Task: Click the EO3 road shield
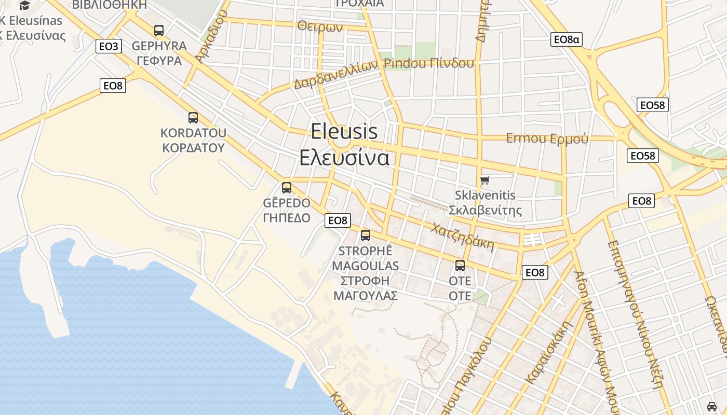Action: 109,46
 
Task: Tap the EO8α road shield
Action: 566,39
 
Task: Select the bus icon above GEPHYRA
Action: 159,31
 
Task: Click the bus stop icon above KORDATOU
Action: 193,118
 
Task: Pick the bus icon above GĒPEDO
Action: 287,188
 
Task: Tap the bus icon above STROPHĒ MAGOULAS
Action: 366,236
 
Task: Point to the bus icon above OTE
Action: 460,266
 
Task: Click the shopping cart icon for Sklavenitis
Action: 485,180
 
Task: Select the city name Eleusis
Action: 344,132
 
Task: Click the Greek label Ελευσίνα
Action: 344,157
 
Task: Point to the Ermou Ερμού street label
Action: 547,139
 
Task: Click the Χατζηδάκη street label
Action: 463,237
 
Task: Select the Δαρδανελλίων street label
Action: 335,76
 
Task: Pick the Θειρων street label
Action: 320,26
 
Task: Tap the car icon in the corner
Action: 711,406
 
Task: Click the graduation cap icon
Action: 24,6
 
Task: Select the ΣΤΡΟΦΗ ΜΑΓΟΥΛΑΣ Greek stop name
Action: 366,288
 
